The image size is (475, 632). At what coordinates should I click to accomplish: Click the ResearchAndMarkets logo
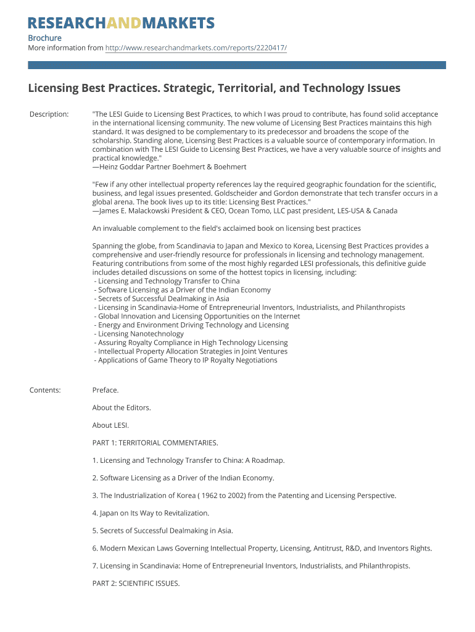122,23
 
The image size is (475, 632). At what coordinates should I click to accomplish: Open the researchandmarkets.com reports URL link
196,48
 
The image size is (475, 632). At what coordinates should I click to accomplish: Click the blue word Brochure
45,38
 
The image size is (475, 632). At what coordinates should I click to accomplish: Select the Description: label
49,114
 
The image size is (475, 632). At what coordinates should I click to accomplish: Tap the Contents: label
45,390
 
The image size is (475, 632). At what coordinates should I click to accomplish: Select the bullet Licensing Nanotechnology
140,334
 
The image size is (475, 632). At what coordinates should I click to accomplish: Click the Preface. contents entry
105,390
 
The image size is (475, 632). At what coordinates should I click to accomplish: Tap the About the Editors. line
122,407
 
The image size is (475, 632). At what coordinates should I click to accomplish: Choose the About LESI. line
111,425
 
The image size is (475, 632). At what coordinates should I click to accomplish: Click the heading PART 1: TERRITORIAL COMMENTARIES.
155,443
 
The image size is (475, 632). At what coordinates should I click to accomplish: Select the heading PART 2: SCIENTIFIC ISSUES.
136,583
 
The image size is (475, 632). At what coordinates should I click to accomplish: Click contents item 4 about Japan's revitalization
151,513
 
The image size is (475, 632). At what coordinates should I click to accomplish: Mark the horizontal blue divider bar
237,65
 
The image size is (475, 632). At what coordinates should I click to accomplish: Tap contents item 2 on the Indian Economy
183,478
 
